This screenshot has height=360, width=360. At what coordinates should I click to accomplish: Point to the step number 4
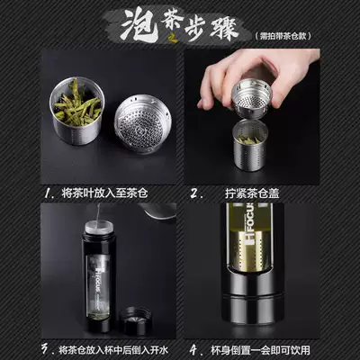pos(193,346)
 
